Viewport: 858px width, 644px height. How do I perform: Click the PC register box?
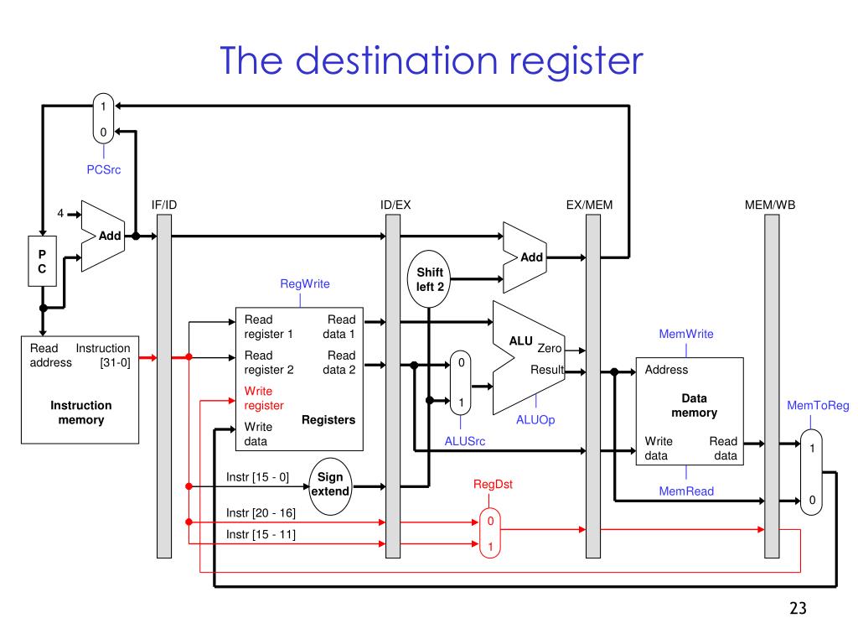(42, 262)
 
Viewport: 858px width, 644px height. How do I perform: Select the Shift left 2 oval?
(429, 279)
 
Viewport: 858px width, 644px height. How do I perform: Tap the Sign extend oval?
(330, 486)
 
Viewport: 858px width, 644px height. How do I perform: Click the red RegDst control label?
(493, 484)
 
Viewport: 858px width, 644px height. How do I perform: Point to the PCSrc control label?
(103, 169)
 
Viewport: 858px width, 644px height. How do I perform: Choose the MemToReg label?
(818, 405)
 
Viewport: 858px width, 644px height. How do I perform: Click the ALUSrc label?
(464, 441)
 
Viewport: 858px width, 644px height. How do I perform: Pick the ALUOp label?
(535, 419)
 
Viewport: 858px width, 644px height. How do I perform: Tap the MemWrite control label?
(686, 334)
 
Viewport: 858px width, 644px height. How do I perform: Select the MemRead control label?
(686, 491)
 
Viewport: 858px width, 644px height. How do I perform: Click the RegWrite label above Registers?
(305, 283)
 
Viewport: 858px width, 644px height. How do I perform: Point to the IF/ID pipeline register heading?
(164, 205)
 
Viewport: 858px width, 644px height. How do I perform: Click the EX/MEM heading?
(589, 205)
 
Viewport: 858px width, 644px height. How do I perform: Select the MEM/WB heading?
(770, 205)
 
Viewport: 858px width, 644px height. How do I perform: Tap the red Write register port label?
(264, 398)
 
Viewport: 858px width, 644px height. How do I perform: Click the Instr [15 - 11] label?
(261, 534)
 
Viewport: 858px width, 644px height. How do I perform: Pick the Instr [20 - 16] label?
(261, 512)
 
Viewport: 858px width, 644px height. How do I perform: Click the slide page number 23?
(798, 608)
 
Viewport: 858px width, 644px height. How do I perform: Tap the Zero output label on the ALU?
(550, 348)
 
